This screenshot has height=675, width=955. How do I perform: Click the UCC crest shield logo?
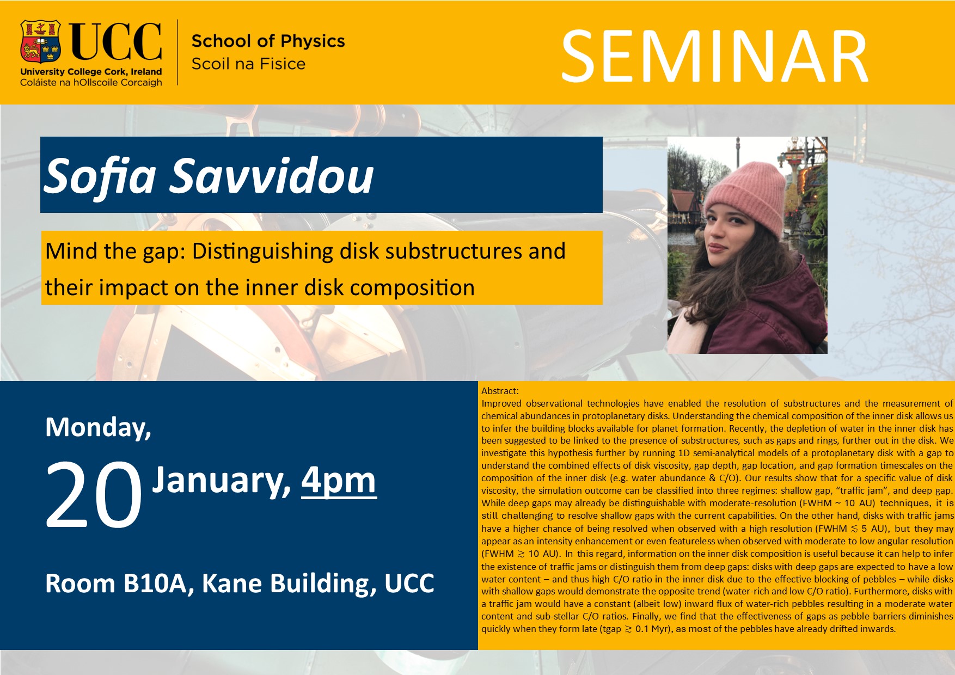[40, 42]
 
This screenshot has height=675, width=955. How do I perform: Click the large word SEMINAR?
[714, 57]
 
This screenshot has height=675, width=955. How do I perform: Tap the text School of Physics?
[268, 41]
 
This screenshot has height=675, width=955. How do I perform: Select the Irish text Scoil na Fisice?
[248, 64]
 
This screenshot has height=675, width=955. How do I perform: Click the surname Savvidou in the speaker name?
[272, 175]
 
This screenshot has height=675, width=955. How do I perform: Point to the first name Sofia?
[100, 175]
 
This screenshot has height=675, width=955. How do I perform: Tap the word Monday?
[98, 428]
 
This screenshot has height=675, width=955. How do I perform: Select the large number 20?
[94, 494]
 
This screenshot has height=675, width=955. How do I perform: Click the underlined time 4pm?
[339, 480]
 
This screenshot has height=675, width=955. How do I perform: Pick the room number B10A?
[158, 583]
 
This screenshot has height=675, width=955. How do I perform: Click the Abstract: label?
[500, 391]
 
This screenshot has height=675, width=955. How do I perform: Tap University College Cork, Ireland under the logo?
[91, 72]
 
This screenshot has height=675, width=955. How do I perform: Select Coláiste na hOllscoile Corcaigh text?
[91, 83]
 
